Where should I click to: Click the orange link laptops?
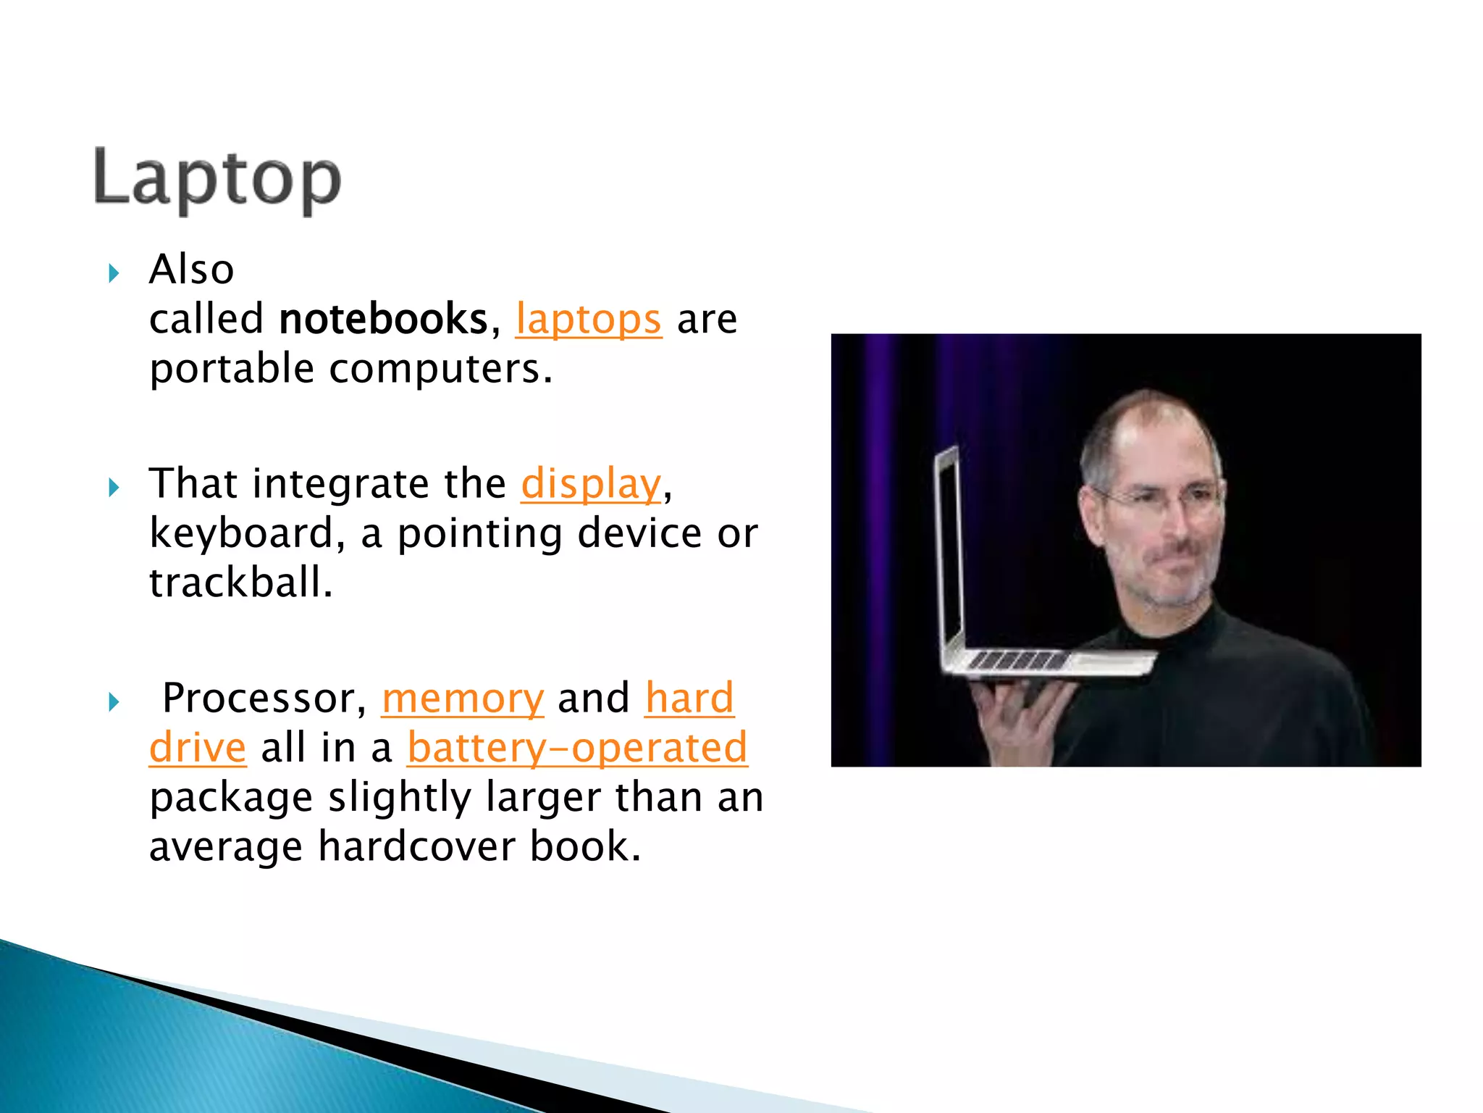tap(588, 320)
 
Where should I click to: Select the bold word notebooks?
tap(384, 320)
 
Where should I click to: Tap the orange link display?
tap(590, 484)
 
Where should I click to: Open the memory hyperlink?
tap(463, 699)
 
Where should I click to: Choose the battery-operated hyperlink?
tap(577, 748)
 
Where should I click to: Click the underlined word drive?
tap(198, 748)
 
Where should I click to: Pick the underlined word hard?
tap(689, 699)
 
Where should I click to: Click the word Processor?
tap(259, 699)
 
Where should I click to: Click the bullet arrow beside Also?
tap(114, 274)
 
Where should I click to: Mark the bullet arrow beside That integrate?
tap(114, 488)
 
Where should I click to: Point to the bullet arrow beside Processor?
tap(114, 702)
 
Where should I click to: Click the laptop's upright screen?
tap(949, 551)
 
